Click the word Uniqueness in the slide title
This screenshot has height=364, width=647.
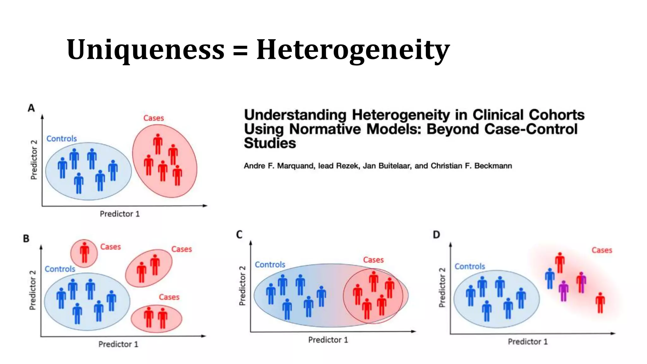point(145,50)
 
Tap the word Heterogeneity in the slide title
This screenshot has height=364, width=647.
point(353,50)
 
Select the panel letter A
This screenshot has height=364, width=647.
point(31,108)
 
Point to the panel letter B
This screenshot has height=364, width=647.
point(26,239)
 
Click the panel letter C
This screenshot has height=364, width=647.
point(239,234)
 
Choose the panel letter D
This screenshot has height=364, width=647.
point(436,235)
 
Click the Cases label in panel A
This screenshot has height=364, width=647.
point(154,118)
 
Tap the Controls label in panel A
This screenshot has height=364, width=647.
point(62,139)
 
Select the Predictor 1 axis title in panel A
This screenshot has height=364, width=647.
point(119,214)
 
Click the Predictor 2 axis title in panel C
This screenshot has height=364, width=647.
point(242,286)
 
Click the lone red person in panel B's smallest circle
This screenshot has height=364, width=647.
point(84,252)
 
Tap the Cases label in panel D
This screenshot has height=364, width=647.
point(602,250)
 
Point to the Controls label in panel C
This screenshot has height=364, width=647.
point(270,264)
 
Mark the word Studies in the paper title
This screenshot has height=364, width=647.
point(270,143)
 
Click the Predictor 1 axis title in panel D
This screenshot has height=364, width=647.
point(528,342)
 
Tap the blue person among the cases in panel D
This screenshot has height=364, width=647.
point(550,278)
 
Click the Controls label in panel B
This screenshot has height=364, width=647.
point(60,269)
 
